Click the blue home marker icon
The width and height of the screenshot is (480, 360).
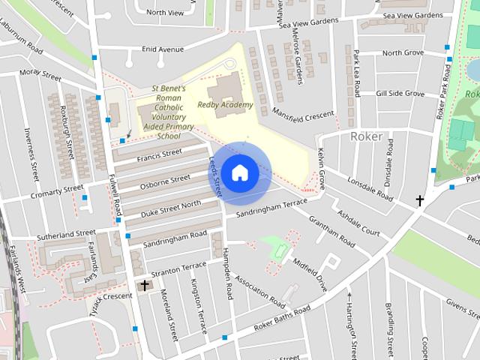(239, 173)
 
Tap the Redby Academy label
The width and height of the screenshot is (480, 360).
(225, 105)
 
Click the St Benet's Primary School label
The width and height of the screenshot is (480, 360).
(169, 112)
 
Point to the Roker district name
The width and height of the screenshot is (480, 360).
(367, 136)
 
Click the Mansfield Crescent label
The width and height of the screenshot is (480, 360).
(303, 115)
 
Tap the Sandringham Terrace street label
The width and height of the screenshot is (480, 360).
(271, 208)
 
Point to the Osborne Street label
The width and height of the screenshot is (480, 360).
(165, 181)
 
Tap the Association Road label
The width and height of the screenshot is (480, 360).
(259, 292)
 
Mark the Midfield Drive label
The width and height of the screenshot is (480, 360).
(310, 274)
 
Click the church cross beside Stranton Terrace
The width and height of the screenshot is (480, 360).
(144, 285)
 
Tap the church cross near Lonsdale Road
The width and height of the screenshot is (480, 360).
(420, 200)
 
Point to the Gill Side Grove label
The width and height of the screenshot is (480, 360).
(400, 94)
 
